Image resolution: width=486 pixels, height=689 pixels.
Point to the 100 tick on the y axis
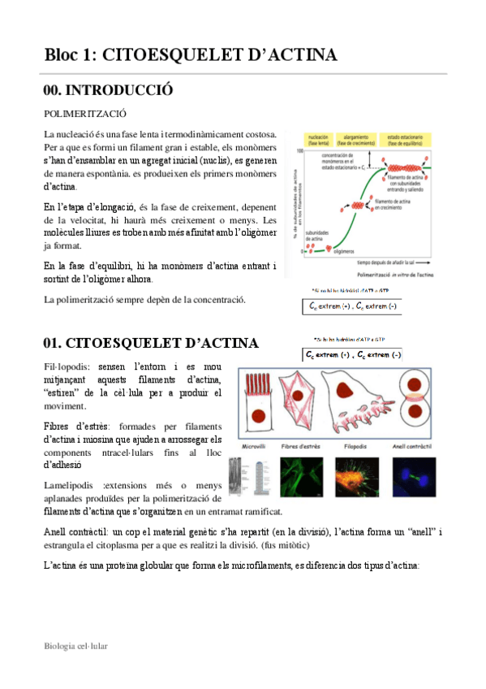(300, 152)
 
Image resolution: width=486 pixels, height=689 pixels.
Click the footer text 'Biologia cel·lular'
(76, 646)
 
